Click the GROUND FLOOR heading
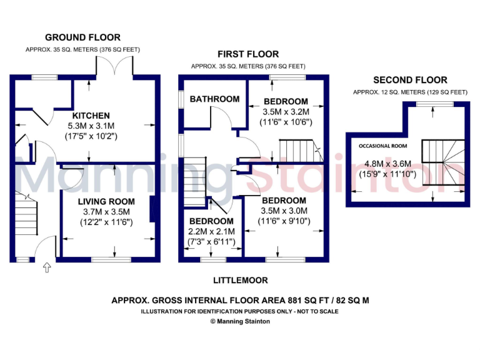click(x=83, y=37)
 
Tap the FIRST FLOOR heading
click(x=248, y=54)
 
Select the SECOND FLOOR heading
click(x=410, y=80)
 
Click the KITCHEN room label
click(x=91, y=116)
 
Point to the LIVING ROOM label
click(x=106, y=201)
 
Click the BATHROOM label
click(x=214, y=99)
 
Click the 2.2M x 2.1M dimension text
click(x=211, y=231)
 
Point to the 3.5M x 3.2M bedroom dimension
click(x=286, y=111)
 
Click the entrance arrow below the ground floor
click(x=46, y=267)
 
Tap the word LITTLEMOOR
click(x=240, y=281)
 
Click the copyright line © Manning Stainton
click(x=240, y=321)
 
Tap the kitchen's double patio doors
click(x=114, y=66)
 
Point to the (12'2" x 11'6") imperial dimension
click(x=106, y=222)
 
